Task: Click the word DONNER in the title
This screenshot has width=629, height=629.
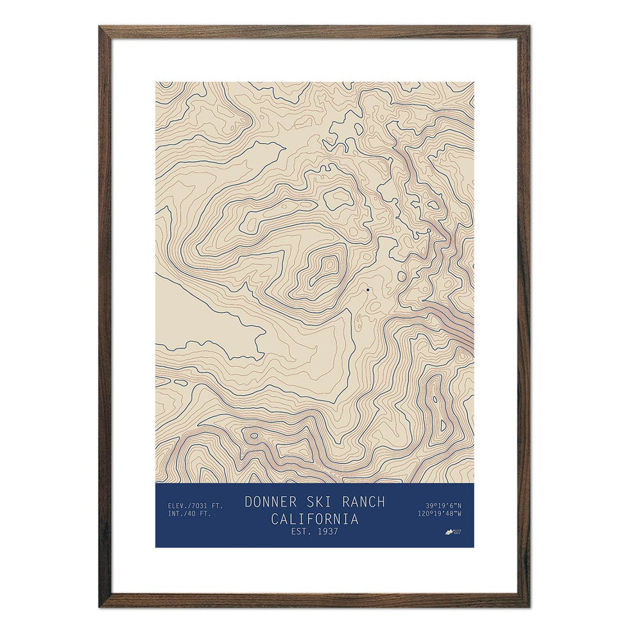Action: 270,502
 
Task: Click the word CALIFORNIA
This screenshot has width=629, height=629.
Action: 314,519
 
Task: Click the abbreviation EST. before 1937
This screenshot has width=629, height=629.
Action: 301,531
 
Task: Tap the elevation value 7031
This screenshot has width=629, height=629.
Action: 203,506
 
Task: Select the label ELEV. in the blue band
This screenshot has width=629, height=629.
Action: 178,506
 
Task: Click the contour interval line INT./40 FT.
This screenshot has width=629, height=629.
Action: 189,514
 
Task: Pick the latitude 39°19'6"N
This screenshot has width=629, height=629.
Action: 443,505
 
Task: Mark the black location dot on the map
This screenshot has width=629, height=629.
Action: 368,290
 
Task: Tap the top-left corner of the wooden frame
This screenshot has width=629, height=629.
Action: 101,28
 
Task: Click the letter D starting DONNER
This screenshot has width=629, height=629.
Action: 248,502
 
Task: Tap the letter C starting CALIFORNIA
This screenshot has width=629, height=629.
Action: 275,519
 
